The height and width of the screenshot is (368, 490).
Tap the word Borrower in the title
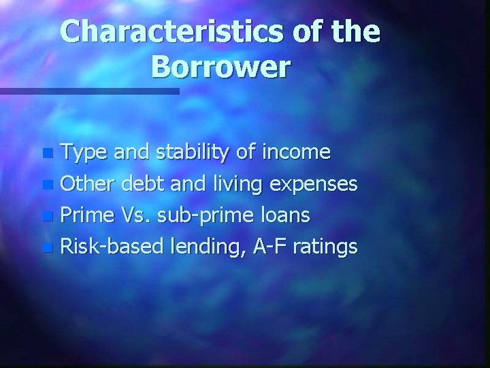point(221,67)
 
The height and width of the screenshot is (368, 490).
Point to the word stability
point(186,152)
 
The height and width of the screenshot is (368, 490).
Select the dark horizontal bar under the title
point(88,91)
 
